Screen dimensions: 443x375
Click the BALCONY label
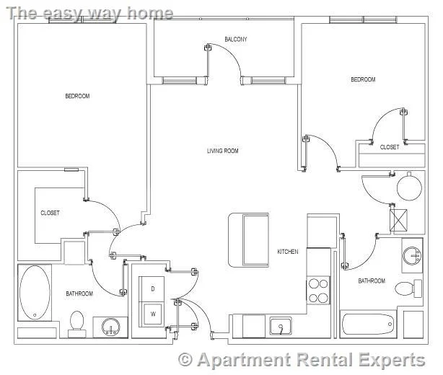[236, 39]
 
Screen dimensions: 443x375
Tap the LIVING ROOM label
[223, 151]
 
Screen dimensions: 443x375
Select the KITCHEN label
[288, 252]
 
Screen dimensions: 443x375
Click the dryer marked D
[152, 289]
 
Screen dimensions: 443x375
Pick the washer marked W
[152, 314]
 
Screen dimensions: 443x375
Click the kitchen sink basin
[281, 326]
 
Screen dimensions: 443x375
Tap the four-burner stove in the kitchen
[318, 291]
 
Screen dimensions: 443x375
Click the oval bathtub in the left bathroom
[35, 293]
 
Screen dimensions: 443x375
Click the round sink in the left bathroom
[111, 327]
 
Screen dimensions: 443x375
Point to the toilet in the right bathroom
[408, 288]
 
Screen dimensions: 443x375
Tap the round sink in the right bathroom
[413, 255]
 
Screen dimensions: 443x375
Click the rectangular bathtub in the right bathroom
[368, 325]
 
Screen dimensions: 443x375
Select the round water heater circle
[409, 187]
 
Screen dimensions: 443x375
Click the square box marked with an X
[398, 220]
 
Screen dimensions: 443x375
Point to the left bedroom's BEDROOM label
[77, 96]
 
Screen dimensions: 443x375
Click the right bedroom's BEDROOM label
[363, 79]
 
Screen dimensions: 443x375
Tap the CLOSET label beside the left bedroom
[50, 213]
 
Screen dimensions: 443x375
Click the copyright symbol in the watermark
[185, 360]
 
